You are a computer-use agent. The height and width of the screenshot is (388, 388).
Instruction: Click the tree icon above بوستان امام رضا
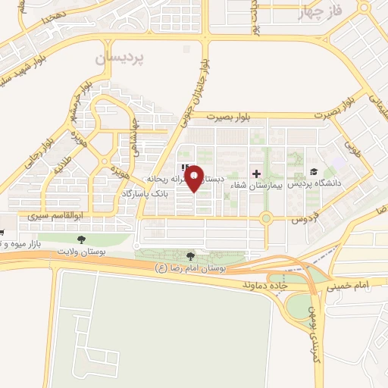(190, 256)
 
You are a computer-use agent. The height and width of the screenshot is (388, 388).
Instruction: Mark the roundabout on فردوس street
(266, 219)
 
